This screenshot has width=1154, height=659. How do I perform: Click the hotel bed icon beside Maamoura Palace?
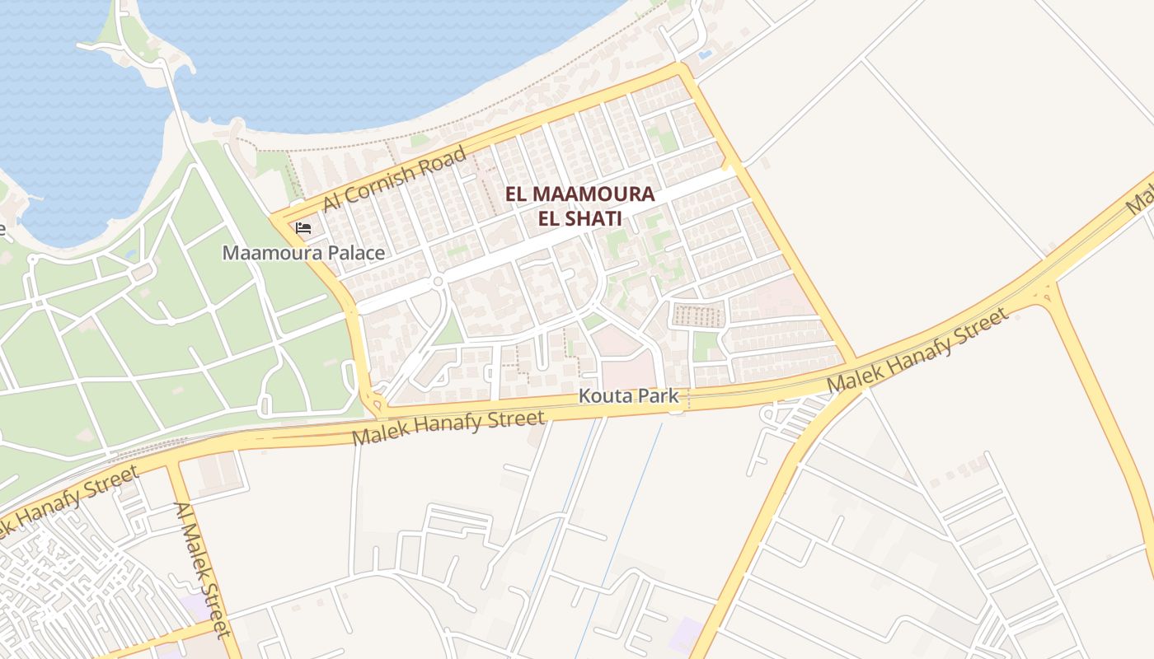pos(303,228)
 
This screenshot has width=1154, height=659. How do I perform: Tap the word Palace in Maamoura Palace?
pos(354,253)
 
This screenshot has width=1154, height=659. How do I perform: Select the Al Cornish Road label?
pos(395,179)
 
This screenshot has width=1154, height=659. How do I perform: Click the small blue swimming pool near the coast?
pos(705,54)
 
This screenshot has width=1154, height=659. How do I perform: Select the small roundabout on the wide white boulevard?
pos(439,282)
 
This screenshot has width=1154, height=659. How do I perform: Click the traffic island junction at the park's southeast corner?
pos(378,403)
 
